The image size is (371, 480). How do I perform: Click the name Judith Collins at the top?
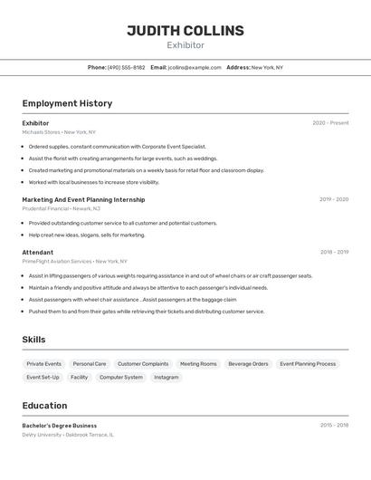[x=185, y=31]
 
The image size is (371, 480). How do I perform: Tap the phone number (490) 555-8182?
[x=126, y=67]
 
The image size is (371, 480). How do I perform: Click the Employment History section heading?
[x=67, y=103]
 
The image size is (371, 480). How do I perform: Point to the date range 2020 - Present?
[x=330, y=123]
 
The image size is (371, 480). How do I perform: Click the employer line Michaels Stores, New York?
[x=59, y=132]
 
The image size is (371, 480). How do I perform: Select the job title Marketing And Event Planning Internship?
[x=83, y=199]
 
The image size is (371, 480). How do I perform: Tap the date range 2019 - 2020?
[x=333, y=199]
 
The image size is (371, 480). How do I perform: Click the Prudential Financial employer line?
[x=61, y=208]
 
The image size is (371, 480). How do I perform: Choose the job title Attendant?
[x=38, y=253]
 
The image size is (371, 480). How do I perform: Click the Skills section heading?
[x=34, y=340]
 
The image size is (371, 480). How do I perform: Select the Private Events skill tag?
[x=44, y=364]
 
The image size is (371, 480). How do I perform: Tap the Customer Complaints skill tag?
[x=143, y=364]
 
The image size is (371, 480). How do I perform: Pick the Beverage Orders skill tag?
[x=248, y=364]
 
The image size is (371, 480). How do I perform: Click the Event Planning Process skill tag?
[x=308, y=364]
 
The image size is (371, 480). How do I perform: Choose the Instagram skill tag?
[x=166, y=377]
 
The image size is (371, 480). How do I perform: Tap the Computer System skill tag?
[x=121, y=377]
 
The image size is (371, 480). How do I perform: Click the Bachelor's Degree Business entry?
[x=60, y=426]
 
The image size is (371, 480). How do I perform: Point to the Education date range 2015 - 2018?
[x=334, y=426]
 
